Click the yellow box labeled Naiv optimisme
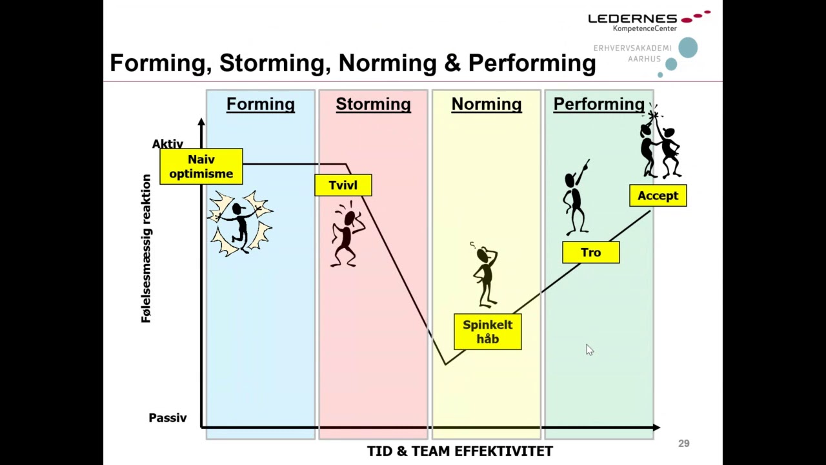(x=201, y=167)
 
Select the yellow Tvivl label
(x=343, y=185)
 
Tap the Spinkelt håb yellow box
(x=487, y=332)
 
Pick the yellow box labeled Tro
(x=590, y=253)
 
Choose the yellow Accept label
(x=658, y=196)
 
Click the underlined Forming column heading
(x=260, y=104)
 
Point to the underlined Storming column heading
(x=373, y=104)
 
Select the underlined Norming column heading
(x=486, y=104)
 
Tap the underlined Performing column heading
(x=599, y=104)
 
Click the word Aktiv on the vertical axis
(x=168, y=144)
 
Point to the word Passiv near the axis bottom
(x=168, y=418)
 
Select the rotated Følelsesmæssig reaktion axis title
(x=146, y=249)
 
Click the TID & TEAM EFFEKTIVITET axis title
(x=459, y=451)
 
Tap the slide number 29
(x=684, y=444)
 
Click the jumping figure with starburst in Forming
(x=240, y=223)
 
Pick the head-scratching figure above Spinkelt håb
(x=485, y=274)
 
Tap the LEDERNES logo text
(x=632, y=19)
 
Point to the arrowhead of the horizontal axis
(x=656, y=428)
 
